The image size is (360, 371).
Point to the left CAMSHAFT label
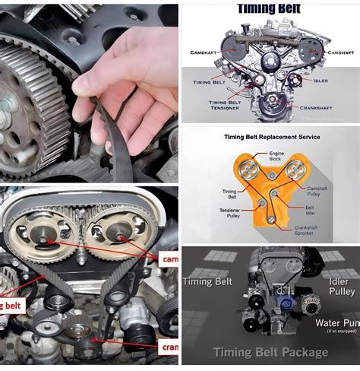[x=204, y=52]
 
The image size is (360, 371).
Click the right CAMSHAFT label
[x=337, y=52]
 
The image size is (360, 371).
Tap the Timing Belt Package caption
[x=270, y=352]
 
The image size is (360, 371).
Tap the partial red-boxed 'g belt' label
[x=11, y=306]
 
